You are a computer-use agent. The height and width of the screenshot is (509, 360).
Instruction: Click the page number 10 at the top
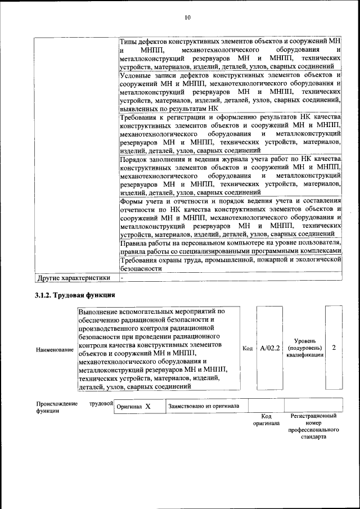click(x=187, y=17)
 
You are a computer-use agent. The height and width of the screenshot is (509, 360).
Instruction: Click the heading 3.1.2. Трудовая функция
click(x=75, y=294)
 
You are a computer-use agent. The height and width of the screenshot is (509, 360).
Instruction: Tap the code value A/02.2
click(x=270, y=348)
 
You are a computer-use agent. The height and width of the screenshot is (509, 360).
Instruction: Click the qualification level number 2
click(x=334, y=348)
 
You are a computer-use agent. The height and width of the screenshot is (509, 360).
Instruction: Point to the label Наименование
click(x=55, y=350)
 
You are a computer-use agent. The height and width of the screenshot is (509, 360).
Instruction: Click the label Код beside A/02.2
click(x=247, y=348)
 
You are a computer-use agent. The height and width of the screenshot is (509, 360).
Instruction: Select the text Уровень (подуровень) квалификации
click(x=308, y=348)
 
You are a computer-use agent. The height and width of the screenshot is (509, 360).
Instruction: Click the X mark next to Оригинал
click(x=147, y=406)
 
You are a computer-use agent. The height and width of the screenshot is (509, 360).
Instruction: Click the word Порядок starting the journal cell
click(x=134, y=160)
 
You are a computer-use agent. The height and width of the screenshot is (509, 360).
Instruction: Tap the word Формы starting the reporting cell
click(x=133, y=201)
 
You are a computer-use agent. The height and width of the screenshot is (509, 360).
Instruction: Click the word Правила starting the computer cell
click(x=135, y=242)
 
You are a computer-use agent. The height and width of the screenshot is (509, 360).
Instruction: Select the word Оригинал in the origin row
click(x=128, y=406)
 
